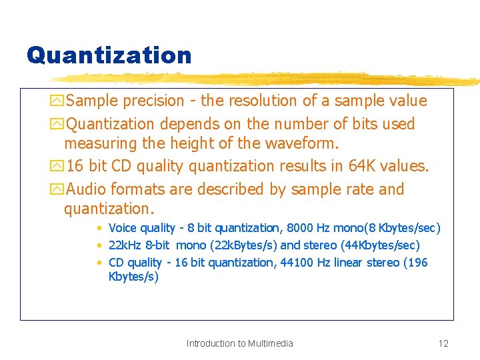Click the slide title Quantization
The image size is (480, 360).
click(109, 55)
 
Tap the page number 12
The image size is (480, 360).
click(443, 343)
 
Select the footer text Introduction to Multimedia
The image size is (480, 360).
click(239, 343)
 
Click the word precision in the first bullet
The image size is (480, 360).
click(151, 101)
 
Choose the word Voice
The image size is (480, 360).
click(123, 228)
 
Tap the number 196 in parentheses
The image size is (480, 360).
click(417, 263)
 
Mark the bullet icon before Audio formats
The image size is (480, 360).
click(59, 190)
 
